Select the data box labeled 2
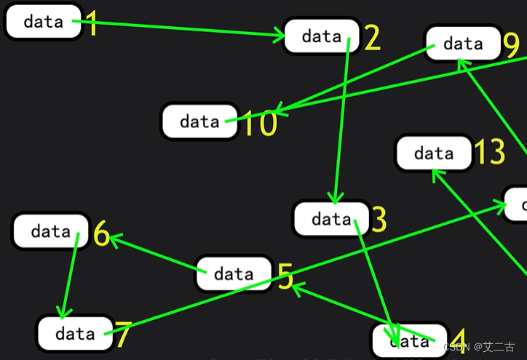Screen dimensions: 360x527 tap(322, 36)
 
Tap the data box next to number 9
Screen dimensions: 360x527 tap(463, 44)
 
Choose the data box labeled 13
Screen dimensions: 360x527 tap(434, 153)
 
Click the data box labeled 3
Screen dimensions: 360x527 tap(331, 219)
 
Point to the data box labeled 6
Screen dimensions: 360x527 tap(51, 231)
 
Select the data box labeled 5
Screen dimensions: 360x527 tap(234, 274)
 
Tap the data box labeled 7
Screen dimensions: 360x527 tap(75, 334)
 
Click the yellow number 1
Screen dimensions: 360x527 tap(92, 23)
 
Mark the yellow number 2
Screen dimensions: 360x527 tap(372, 38)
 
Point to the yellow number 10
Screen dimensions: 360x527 tap(260, 124)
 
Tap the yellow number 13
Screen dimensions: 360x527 tap(489, 153)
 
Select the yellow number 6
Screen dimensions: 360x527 tap(102, 236)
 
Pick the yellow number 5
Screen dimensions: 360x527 tap(285, 276)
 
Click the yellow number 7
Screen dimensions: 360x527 tap(123, 335)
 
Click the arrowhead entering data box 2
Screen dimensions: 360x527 tap(280, 35)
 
